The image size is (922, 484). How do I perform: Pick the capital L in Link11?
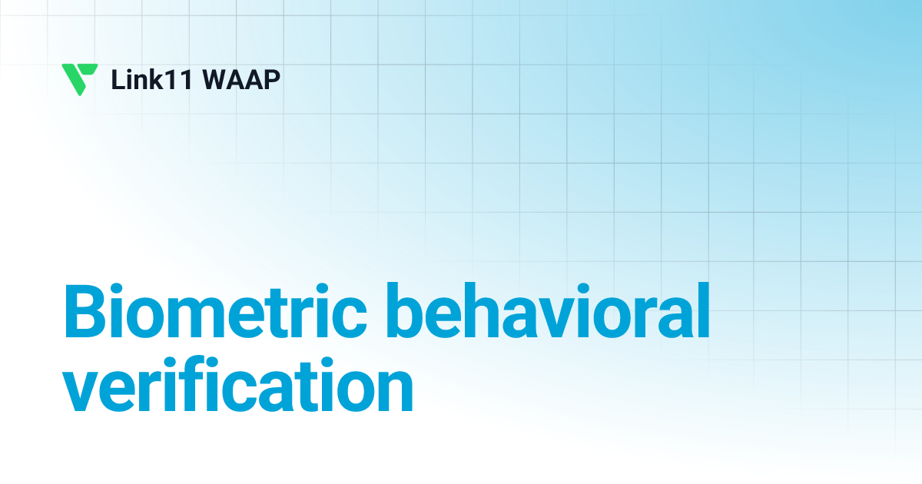[x=118, y=80]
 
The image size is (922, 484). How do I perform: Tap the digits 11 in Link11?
[x=186, y=80]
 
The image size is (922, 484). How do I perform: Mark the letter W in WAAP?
[x=221, y=80]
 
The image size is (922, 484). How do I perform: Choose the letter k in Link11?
[x=161, y=80]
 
